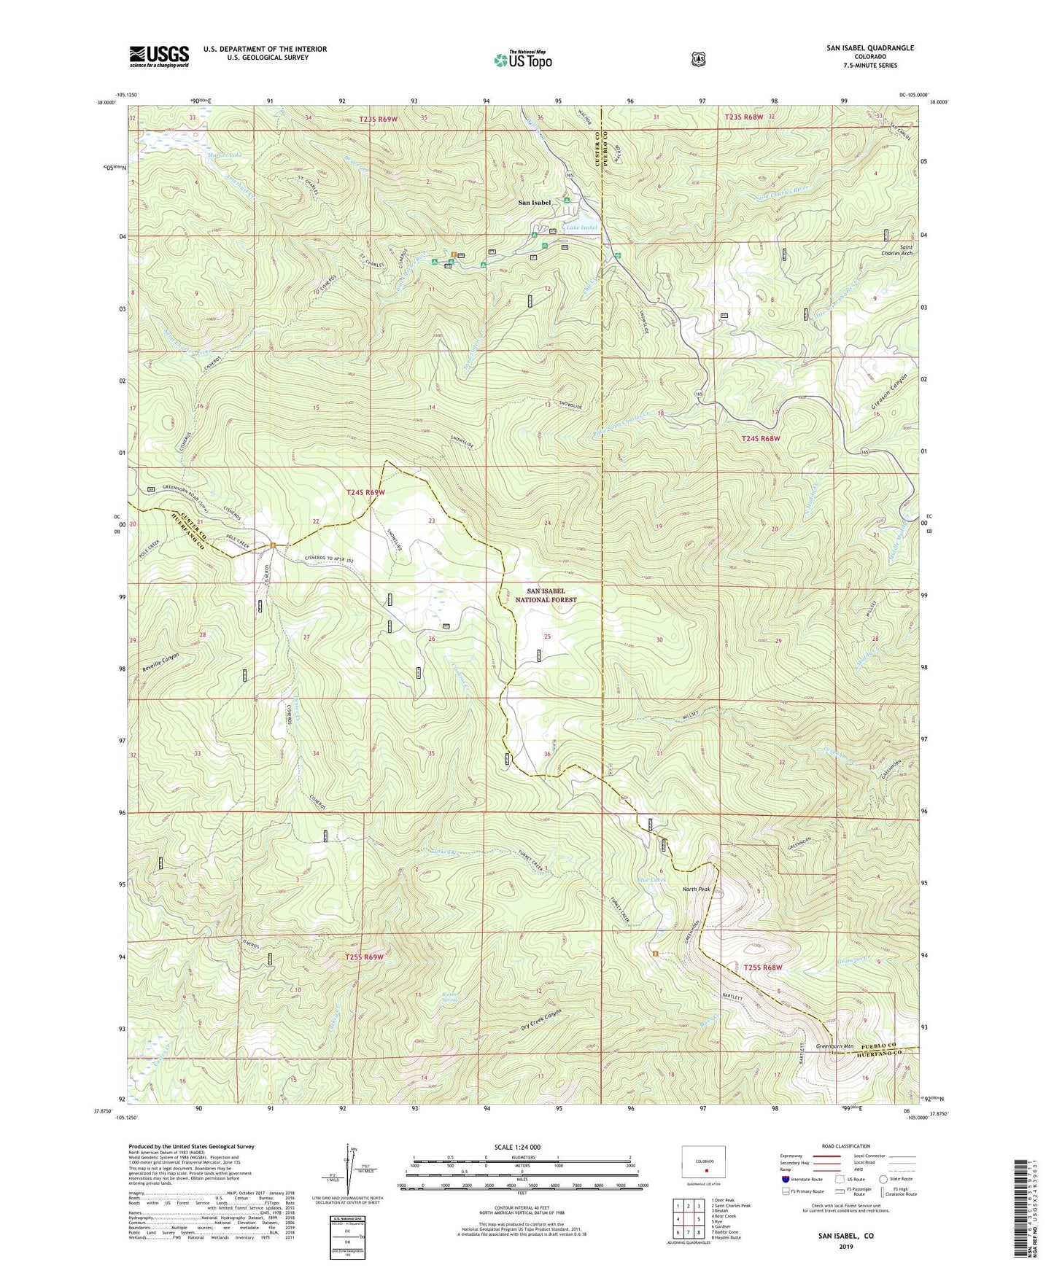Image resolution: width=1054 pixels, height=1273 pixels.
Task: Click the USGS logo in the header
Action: click(159, 56)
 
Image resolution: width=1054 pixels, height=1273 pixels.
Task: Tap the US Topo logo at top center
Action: click(522, 60)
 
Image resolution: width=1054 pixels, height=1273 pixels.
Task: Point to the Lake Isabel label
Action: click(582, 227)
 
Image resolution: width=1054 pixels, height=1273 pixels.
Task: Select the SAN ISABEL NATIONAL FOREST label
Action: click(546, 596)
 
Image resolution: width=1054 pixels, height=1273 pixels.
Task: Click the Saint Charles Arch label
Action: click(896, 250)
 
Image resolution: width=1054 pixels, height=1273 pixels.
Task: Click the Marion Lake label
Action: click(224, 155)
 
